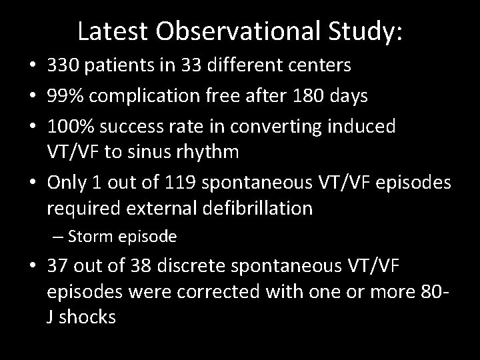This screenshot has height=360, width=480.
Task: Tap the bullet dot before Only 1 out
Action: [x=32, y=182]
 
